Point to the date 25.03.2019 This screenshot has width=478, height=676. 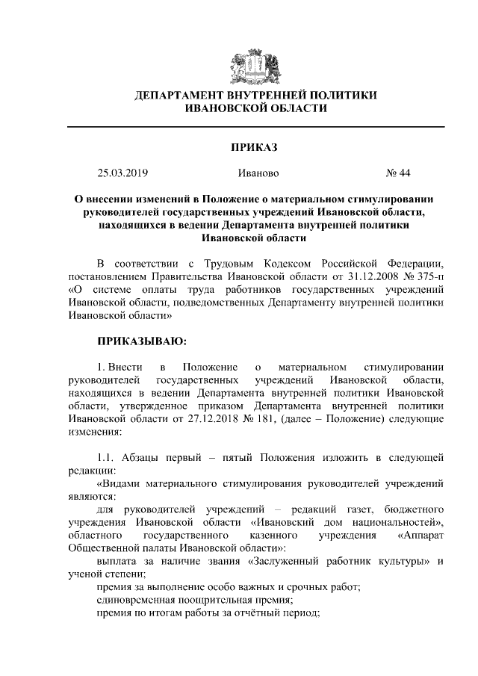pos(123,173)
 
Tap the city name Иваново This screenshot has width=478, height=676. pos(258,173)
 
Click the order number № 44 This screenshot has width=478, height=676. pos(398,173)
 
